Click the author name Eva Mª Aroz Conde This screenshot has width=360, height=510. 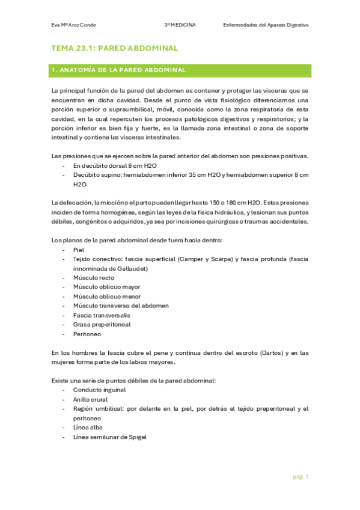coord(74,25)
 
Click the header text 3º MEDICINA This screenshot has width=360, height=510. coord(183,25)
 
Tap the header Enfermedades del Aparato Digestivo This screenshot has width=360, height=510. coord(265,25)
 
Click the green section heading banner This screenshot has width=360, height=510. coord(180,70)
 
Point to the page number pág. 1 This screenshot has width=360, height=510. coord(299,477)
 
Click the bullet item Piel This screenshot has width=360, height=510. coord(79,249)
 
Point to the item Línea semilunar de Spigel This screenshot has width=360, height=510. coord(109,437)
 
